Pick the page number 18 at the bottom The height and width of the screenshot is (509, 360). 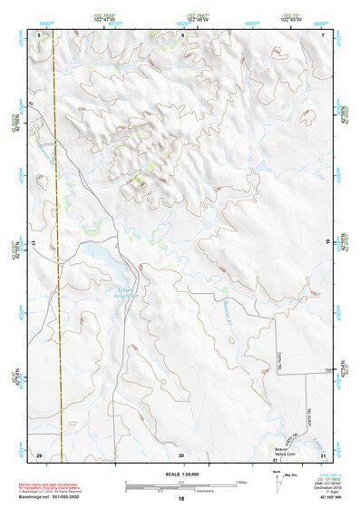pos(181,499)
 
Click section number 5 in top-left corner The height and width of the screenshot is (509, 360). pos(39,34)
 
